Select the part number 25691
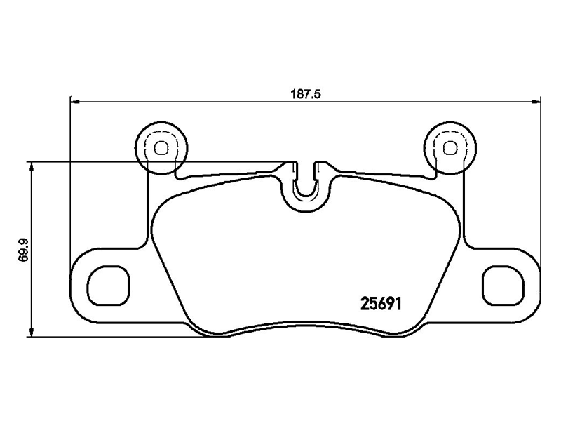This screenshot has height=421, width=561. point(384,303)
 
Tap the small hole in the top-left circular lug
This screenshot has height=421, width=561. point(161,147)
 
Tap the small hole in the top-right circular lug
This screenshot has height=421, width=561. point(450,147)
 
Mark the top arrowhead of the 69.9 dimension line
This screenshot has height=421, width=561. point(31,166)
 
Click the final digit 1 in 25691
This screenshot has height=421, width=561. point(405,303)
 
